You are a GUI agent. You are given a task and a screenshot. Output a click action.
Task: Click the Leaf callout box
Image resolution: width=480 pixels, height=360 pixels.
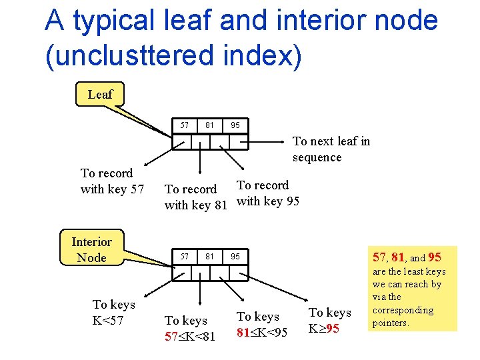click(100, 95)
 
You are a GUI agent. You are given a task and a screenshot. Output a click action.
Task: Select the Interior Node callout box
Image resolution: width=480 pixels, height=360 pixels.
click(91, 249)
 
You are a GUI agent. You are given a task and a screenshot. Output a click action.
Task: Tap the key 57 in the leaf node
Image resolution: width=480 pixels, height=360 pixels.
click(185, 125)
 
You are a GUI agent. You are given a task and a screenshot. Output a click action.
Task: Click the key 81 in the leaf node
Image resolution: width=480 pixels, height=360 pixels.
click(210, 125)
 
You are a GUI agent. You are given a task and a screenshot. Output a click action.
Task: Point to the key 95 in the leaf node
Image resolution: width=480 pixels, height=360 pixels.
click(235, 125)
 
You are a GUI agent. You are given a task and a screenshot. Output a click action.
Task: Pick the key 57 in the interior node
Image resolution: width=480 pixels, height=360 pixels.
click(185, 256)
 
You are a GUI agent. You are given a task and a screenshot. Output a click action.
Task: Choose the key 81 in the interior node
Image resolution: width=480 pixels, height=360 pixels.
click(210, 256)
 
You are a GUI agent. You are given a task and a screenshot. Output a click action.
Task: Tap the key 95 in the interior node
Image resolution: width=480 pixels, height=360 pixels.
click(235, 256)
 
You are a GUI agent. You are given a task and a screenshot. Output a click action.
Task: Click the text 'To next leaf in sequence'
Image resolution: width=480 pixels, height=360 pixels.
click(331, 149)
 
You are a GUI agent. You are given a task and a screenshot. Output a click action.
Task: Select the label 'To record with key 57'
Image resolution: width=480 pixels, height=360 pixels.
click(112, 181)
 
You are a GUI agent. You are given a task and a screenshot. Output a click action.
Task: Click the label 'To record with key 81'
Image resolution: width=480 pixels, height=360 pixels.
click(196, 197)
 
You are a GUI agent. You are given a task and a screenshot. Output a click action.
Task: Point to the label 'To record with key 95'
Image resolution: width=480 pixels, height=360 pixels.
click(268, 193)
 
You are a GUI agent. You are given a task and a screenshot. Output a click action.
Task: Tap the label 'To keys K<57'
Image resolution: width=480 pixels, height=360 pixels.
click(113, 312)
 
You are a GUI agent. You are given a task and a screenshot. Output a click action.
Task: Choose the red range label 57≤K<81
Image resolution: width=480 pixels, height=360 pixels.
click(190, 337)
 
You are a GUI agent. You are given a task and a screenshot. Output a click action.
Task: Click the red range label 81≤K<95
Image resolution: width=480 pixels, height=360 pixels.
click(262, 331)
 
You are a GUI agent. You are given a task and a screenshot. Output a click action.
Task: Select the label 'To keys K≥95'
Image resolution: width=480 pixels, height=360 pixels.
click(329, 321)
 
